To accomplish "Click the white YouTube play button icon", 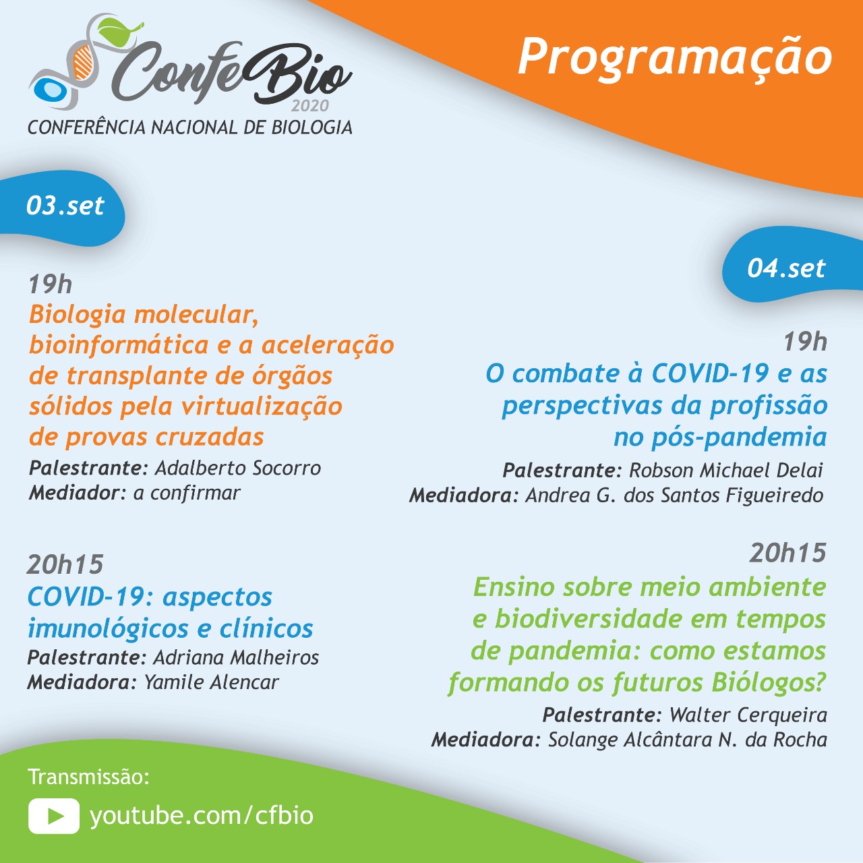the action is point(54,816).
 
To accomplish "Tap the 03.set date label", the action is point(65,206).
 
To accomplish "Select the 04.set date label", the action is point(786,268).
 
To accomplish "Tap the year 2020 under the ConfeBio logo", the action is point(310,106).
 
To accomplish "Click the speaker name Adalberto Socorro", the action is point(238,468).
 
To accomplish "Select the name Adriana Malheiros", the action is point(236,657).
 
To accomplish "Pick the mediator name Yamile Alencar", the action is point(211,682).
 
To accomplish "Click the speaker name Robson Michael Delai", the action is point(726,470).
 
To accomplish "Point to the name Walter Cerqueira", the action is point(748,715).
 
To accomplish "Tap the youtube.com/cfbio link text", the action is point(202,816).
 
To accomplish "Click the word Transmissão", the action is point(88,777).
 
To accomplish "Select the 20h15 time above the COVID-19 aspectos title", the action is point(65,564).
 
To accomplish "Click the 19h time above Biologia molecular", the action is point(50,285).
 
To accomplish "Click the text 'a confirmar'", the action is point(187,493).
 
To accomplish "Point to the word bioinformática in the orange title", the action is point(119,345).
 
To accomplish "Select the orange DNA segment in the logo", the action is point(83,63).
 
